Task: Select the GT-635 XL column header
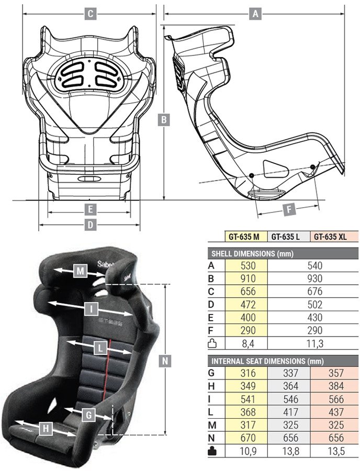(330, 237)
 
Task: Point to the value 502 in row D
(316, 305)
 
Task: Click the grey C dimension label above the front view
(90, 14)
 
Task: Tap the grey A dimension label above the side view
(255, 14)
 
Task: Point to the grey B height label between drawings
(164, 120)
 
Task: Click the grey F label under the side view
(287, 209)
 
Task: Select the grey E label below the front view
(90, 210)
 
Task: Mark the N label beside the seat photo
(165, 361)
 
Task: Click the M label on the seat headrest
(80, 271)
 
